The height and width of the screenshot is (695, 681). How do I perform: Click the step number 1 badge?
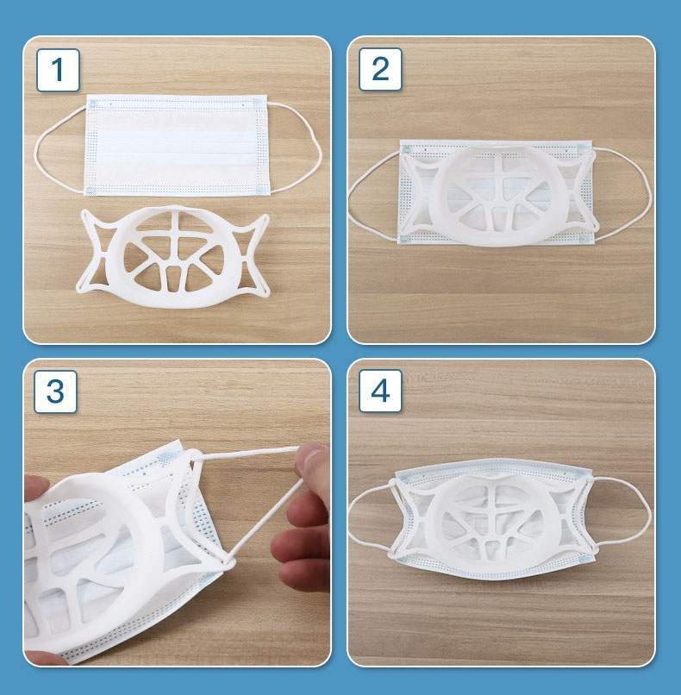pos(58,70)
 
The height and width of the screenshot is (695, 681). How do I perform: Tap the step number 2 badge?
pos(380,69)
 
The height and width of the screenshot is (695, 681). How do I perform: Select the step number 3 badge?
pos(55,391)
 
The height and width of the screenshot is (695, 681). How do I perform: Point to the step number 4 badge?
pos(380,391)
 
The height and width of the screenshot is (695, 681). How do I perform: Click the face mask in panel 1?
pos(177,145)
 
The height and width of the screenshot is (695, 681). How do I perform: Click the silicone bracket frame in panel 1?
pos(173,257)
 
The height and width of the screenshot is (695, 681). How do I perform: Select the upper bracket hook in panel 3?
pos(194,456)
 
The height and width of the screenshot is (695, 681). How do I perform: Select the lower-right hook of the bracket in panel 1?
pos(262,291)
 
